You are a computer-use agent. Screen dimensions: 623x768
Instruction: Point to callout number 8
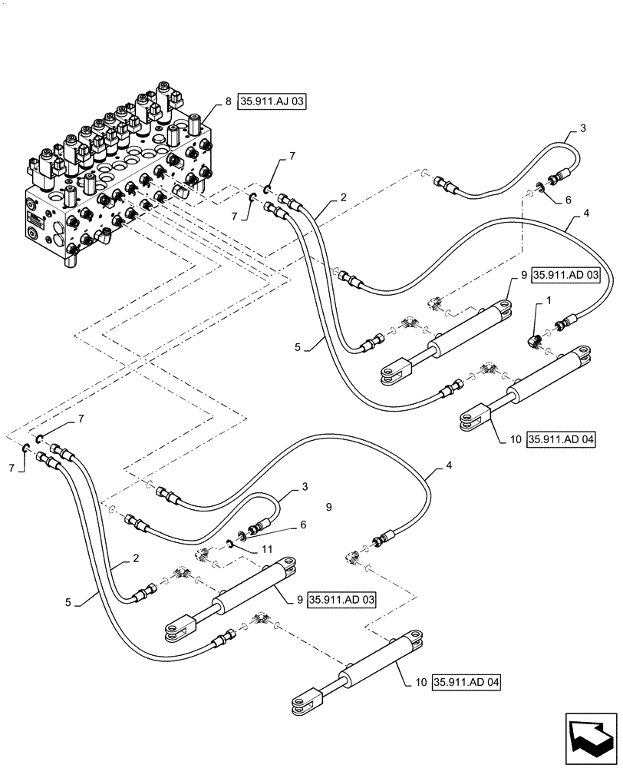point(229,101)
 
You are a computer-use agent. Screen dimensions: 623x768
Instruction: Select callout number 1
point(549,300)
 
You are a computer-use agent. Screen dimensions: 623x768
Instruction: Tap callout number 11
point(267,550)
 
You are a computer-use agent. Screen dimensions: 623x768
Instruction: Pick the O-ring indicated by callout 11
point(229,543)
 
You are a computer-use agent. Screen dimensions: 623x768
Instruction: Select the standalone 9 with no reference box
point(328,507)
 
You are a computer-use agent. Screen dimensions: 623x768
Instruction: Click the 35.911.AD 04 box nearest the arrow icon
point(467,682)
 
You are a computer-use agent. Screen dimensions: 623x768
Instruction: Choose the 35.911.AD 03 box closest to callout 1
point(566,275)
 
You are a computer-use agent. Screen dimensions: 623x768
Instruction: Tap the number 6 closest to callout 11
point(303,525)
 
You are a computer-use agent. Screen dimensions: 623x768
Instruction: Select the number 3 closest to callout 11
point(305,487)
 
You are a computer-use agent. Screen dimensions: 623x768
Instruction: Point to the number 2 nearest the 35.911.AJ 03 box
point(344,197)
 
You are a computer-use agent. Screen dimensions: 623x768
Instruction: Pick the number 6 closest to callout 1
point(569,200)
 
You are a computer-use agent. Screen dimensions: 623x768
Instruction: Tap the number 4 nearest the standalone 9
point(450,465)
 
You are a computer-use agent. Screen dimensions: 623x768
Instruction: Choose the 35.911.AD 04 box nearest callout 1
point(562,439)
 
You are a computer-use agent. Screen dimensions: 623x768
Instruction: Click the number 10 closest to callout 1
point(516,440)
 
